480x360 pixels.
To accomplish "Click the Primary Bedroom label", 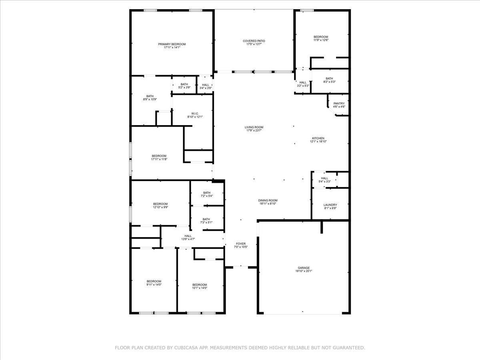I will coord(172,44).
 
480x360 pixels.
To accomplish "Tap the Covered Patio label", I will coord(254,41).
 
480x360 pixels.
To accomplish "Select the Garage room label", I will coord(304,268).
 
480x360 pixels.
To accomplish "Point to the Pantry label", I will coord(339,104).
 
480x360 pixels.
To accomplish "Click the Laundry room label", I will coord(330,205).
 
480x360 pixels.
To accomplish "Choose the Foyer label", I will coord(240,244).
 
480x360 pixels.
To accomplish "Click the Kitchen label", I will coord(318,138).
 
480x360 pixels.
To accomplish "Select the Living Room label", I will coord(254,127).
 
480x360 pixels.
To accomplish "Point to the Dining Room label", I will coord(268,200).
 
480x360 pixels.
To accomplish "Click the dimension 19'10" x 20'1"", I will coord(304,272).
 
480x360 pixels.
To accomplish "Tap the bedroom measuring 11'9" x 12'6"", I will coord(321,38).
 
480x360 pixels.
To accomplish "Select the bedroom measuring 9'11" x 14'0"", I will coord(154,283).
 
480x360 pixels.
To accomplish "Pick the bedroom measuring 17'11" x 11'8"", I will coord(159,158).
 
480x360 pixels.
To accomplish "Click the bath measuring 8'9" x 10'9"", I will coord(150,98).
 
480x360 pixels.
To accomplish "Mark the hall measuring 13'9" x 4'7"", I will coord(188,238).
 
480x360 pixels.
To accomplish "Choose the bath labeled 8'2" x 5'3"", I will coord(329,80).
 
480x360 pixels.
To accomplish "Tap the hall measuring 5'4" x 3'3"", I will coord(324,180).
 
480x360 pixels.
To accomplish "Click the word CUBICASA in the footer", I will coord(186,348).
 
